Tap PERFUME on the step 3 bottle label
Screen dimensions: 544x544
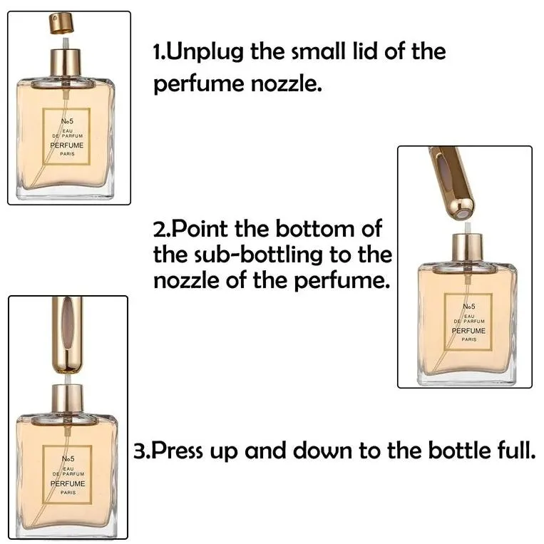(68, 483)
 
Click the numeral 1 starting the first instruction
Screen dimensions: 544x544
(158, 52)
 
